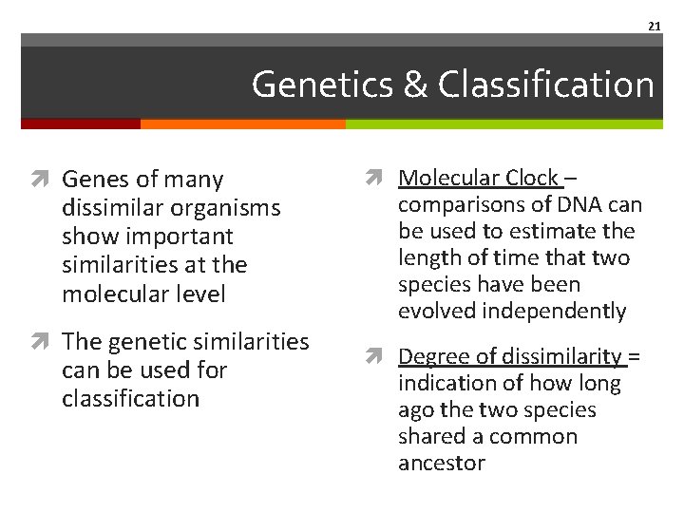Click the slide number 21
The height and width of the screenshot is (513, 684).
click(655, 26)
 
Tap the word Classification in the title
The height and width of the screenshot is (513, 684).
click(547, 85)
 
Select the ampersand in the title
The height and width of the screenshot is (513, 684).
click(416, 85)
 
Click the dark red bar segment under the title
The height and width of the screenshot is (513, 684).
click(81, 123)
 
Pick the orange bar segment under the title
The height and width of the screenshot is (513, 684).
click(242, 123)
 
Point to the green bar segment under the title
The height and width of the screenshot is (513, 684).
click(503, 123)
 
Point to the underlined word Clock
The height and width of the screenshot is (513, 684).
click(532, 178)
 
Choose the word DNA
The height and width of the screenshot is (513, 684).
click(580, 204)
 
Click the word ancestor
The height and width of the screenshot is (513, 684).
click(441, 463)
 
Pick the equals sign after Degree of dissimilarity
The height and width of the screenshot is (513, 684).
click(635, 356)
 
